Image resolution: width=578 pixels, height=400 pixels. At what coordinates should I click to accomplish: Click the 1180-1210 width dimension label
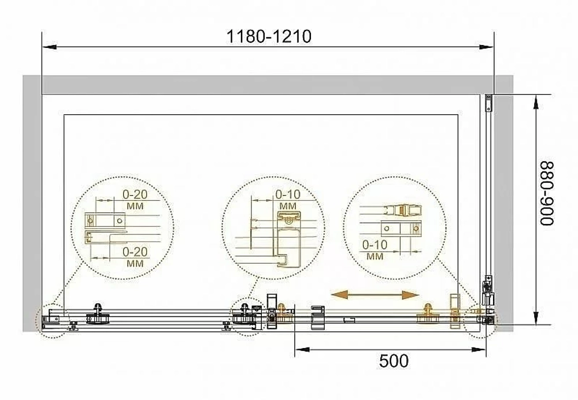pyautogui.click(x=268, y=36)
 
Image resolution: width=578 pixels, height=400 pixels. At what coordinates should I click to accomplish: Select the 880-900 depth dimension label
pyautogui.click(x=547, y=193)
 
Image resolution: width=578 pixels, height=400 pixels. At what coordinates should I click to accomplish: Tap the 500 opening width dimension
pyautogui.click(x=394, y=361)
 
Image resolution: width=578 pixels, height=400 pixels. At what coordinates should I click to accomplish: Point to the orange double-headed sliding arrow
pyautogui.click(x=375, y=295)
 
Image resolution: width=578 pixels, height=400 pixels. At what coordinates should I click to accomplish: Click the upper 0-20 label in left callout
pyautogui.click(x=135, y=195)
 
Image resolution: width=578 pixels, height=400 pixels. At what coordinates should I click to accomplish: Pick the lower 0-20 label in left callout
pyautogui.click(x=135, y=252)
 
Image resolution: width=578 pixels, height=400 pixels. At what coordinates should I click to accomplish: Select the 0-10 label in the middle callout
pyautogui.click(x=288, y=195)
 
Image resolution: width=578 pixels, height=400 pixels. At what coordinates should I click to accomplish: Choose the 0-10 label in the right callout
pyautogui.click(x=375, y=245)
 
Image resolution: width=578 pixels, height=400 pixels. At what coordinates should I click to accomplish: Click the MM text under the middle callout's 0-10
pyautogui.click(x=288, y=205)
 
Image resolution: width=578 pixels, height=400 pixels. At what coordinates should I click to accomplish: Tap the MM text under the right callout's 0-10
pyautogui.click(x=375, y=256)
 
